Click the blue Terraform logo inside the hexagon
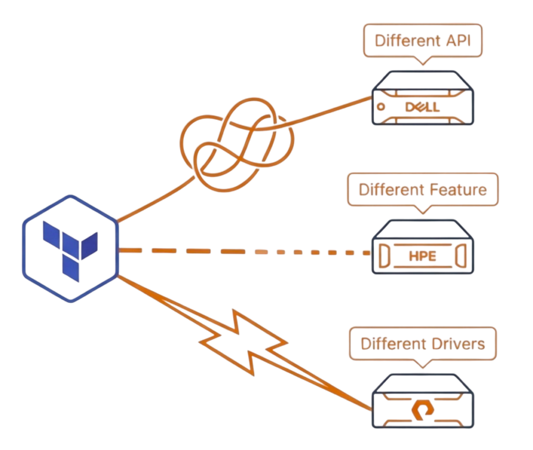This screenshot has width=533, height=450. tap(70, 248)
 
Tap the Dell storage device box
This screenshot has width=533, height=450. tap(423, 98)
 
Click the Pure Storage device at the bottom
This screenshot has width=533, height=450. tap(423, 402)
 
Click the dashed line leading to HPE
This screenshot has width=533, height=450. tap(245, 252)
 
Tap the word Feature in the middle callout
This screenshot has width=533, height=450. tap(459, 190)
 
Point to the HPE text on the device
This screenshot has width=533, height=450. tap(422, 256)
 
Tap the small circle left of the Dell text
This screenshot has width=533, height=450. tap(380, 107)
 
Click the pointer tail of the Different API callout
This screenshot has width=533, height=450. tap(423, 61)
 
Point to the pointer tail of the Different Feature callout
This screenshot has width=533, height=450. tap(423, 211)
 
